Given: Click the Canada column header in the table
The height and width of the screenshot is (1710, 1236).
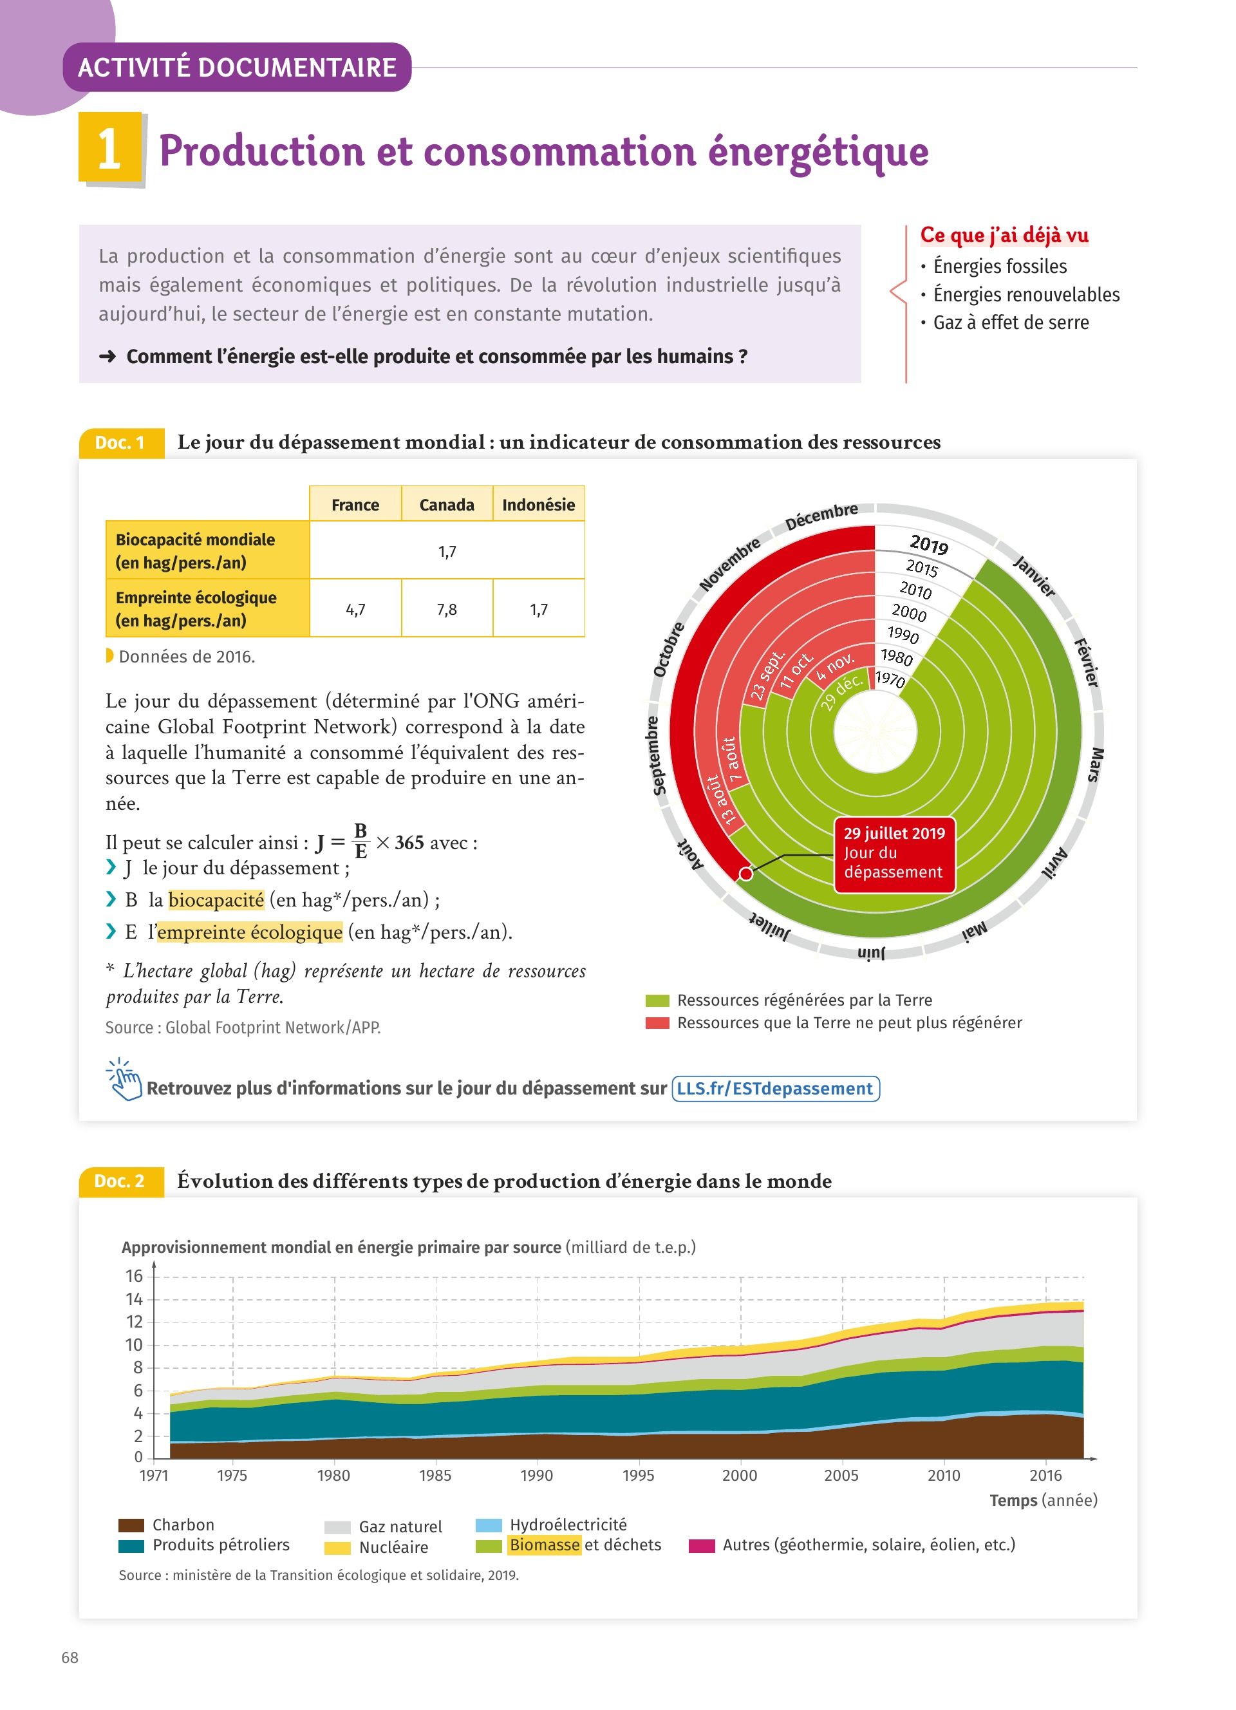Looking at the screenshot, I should [x=446, y=504].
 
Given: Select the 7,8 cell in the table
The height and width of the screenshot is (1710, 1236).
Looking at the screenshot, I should [x=446, y=609].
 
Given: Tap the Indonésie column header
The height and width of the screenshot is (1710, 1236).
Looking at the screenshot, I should [x=538, y=504].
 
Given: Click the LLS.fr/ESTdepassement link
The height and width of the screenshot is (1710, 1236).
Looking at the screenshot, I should [x=775, y=1089].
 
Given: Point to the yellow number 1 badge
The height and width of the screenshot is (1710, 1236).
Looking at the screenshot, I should [x=110, y=148].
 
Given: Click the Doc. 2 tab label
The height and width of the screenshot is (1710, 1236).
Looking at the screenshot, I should [x=120, y=1181].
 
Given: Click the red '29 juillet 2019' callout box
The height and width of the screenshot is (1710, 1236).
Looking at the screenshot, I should [x=894, y=854].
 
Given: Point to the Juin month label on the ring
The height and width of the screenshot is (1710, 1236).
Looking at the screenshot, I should [x=871, y=953].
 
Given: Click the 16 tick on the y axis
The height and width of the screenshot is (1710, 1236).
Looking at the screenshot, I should [x=134, y=1275].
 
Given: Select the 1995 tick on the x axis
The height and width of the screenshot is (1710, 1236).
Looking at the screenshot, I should [x=639, y=1476].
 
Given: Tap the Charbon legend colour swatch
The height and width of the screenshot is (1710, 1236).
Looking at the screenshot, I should [x=131, y=1525].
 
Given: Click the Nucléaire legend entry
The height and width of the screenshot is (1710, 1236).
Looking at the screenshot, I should [x=393, y=1547].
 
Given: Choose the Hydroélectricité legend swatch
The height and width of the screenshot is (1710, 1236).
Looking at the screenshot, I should [x=489, y=1525].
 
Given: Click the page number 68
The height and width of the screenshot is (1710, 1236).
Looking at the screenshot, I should [x=70, y=1657].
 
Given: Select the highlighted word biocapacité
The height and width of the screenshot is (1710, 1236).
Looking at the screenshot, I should [x=216, y=899].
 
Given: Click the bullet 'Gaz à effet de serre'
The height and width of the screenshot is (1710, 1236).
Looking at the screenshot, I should [x=1010, y=323].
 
